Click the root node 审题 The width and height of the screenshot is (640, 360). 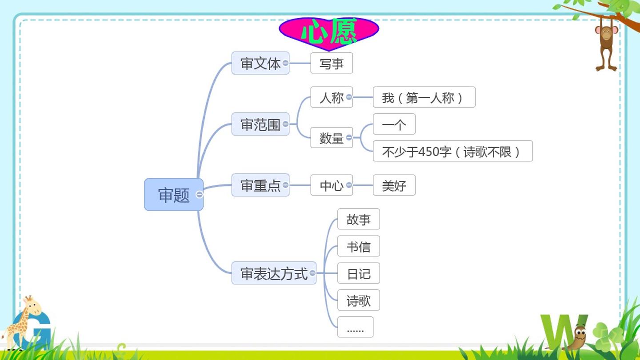click(174, 195)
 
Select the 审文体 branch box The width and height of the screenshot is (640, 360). click(260, 63)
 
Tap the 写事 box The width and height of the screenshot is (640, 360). click(332, 63)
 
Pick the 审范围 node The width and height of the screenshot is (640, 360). click(260, 124)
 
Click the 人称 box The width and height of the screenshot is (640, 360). click(332, 97)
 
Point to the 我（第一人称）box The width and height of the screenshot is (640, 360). click(424, 97)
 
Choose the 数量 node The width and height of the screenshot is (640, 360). click(332, 138)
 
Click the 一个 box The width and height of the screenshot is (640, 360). click(394, 124)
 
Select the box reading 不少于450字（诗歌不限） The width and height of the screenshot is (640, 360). click(452, 151)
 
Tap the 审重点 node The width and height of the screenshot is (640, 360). click(260, 185)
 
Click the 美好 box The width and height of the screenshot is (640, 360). click(394, 185)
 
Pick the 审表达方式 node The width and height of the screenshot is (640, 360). click(274, 273)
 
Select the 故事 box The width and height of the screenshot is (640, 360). click(359, 219)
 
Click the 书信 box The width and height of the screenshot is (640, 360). click(359, 246)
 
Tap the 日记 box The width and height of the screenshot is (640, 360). click(359, 273)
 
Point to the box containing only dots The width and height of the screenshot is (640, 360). click(355, 327)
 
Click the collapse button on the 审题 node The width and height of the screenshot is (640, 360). click(200, 195)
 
